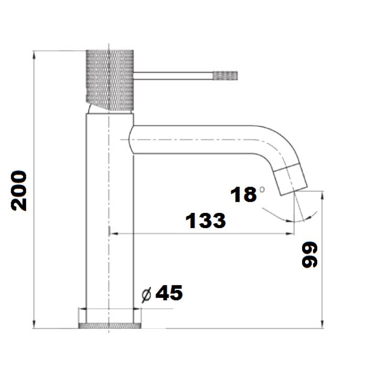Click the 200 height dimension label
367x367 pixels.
tap(19, 191)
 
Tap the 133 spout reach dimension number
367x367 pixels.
tap(206, 221)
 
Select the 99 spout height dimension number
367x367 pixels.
tap(309, 255)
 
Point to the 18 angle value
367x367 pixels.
tap(243, 195)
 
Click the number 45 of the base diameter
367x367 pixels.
tap(169, 293)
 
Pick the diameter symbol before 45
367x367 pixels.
tap(146, 295)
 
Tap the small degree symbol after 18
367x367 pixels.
tap(262, 189)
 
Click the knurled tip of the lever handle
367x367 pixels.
tap(225, 75)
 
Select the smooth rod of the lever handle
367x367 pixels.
tap(173, 76)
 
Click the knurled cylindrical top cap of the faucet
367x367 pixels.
tap(110, 80)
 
